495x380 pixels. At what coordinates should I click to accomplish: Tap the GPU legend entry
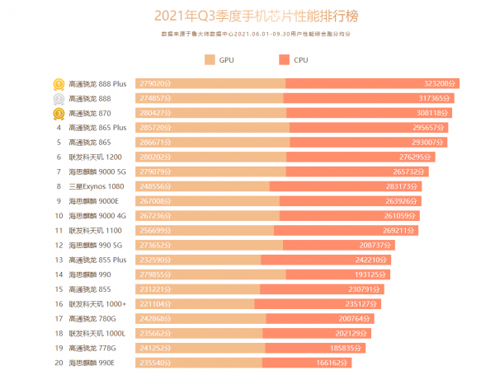(219, 60)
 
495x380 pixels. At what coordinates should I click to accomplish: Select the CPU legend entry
(295, 60)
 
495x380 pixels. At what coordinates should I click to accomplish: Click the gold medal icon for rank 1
(59, 83)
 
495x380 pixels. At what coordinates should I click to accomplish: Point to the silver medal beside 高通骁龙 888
(59, 98)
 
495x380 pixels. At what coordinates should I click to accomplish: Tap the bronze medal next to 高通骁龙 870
(59, 113)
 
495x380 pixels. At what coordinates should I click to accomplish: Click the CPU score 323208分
(441, 83)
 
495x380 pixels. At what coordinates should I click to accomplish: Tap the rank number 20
(59, 363)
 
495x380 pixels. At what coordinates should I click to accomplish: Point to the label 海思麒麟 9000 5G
(97, 171)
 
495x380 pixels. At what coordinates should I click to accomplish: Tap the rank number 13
(59, 260)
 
